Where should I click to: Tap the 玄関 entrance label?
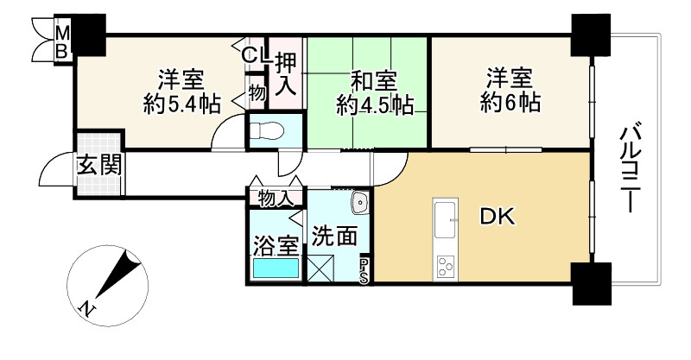tap(97, 163)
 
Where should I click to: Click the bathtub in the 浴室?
tap(276, 268)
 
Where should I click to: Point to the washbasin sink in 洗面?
tap(359, 203)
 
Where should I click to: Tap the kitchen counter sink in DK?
tap(446, 220)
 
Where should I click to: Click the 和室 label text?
tap(374, 82)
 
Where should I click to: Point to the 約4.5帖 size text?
tap(374, 106)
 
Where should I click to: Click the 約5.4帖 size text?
tap(181, 106)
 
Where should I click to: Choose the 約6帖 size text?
tap(510, 104)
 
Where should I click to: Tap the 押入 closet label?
tap(286, 73)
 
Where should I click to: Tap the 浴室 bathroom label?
tap(275, 241)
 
